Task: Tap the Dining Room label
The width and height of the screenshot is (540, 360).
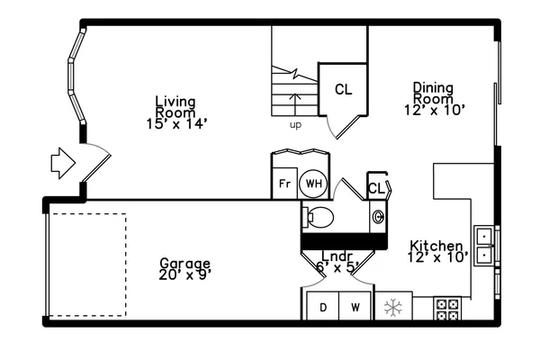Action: click(433, 93)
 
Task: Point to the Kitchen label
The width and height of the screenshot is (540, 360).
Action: click(436, 246)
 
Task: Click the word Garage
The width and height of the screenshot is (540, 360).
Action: click(184, 263)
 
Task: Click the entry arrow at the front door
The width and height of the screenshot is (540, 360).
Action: click(62, 162)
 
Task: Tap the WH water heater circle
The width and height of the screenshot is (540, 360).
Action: click(313, 184)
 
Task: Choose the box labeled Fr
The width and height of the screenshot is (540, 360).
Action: click(284, 184)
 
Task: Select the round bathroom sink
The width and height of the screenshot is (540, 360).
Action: click(377, 216)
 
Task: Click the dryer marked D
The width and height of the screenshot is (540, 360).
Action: click(323, 307)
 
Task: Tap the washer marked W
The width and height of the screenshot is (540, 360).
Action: click(355, 307)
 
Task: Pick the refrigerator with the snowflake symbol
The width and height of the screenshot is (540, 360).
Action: click(393, 308)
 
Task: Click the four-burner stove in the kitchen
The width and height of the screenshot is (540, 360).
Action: click(447, 309)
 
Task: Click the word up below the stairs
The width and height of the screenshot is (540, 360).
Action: click(295, 125)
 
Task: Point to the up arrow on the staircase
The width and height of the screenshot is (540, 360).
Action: click(295, 96)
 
